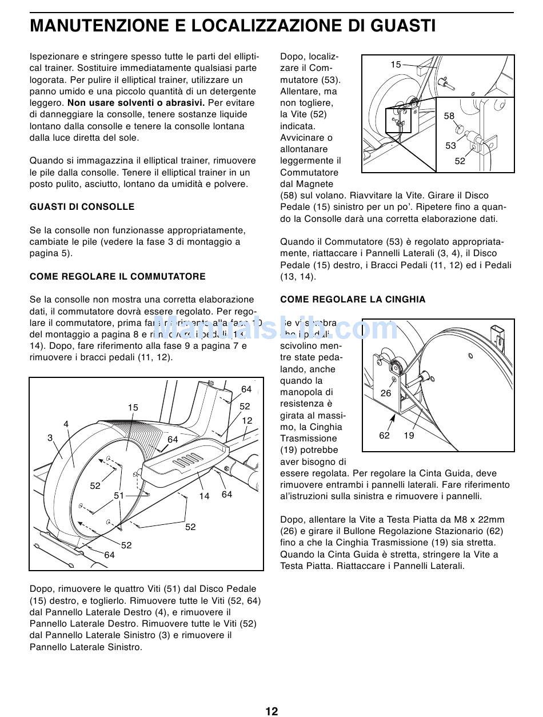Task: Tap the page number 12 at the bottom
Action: coord(271,711)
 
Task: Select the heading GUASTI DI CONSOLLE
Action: coord(82,207)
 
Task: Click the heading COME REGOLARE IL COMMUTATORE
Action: coord(118,277)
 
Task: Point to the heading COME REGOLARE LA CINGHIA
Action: coord(353,300)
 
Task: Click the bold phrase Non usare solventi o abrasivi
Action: coord(136,103)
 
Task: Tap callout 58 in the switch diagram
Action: coord(449,116)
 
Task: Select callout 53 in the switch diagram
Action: coord(451,146)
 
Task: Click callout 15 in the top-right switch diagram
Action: coord(396,65)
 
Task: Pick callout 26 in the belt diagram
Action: coord(386,393)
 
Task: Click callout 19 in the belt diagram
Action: coord(409,436)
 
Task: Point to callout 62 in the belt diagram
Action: coord(385,436)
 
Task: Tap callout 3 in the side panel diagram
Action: coord(50,438)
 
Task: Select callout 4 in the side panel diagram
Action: coord(66,424)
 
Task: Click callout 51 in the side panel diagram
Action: coord(119,496)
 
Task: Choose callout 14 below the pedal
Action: coord(205,496)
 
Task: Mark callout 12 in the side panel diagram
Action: coord(247,420)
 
